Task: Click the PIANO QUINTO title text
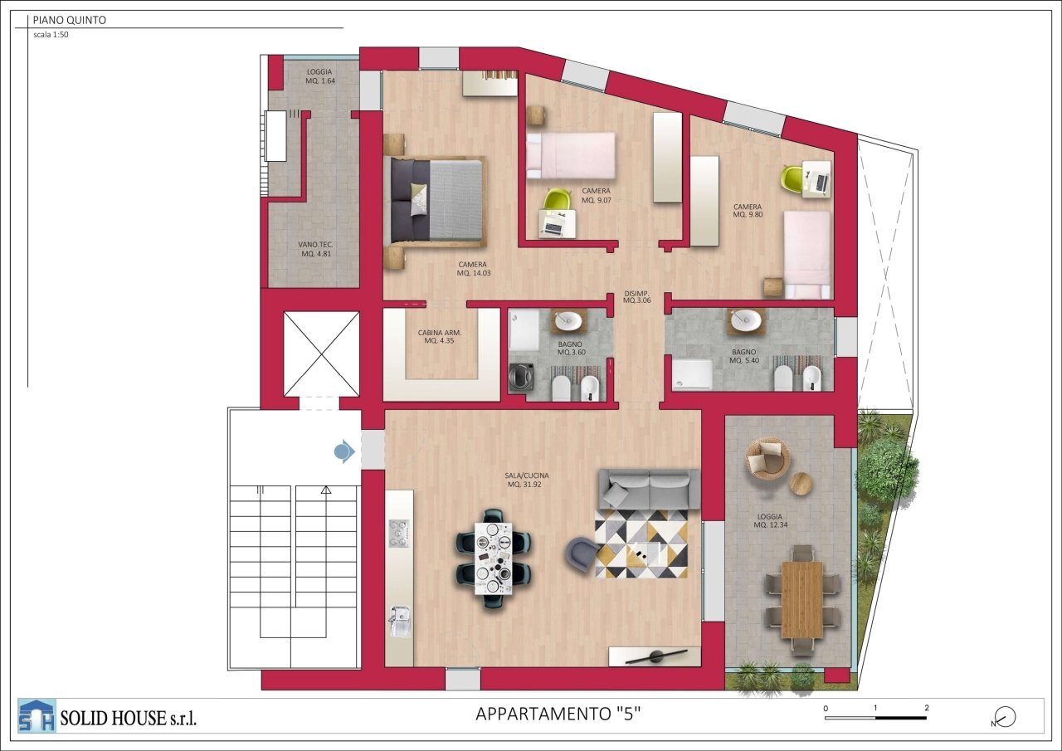pos(69,20)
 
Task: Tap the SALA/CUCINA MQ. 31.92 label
pos(527,480)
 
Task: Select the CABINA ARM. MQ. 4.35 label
pos(439,336)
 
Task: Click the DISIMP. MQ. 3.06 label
pos(637,297)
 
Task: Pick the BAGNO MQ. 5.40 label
pos(743,357)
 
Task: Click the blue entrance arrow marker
pos(343,451)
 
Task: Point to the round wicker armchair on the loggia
pos(767,459)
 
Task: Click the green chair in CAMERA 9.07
pos(558,200)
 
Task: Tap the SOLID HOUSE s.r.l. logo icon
pos(37,716)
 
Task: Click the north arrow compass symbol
pos(1005,717)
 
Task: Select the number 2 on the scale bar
pos(926,708)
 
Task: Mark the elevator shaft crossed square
pos(321,354)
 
